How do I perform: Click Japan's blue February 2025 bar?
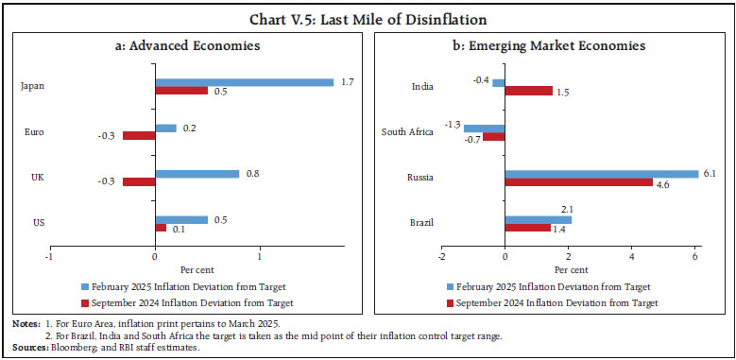pos(244,82)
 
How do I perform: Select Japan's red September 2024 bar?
pos(181,91)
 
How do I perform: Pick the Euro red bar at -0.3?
pos(139,136)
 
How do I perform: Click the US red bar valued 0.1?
pos(160,227)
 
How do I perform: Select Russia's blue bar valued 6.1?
pos(601,173)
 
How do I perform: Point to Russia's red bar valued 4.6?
pos(577,181)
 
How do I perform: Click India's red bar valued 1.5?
pos(528,91)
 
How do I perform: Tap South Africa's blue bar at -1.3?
pos(484,128)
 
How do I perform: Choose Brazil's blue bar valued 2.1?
pos(538,218)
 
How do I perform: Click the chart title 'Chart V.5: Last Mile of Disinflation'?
pos(368,15)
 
